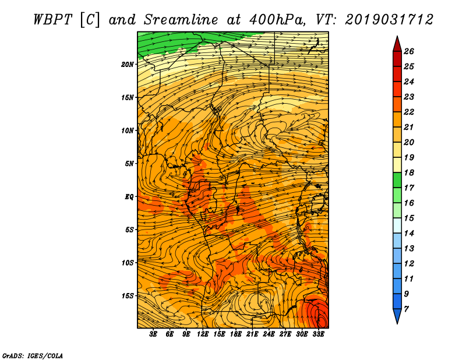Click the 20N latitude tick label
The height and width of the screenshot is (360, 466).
pos(127,65)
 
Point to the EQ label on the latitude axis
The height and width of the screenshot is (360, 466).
pos(129,197)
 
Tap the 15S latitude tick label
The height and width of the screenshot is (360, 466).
pos(128,296)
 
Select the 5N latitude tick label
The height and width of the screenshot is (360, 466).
pos(129,164)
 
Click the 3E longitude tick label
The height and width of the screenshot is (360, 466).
pos(153,334)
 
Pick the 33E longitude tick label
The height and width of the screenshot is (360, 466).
pos(318,334)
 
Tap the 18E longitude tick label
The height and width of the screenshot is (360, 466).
pos(236,334)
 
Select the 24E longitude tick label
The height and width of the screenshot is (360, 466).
pos(269,334)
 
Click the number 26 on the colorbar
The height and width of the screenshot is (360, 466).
pos(409,51)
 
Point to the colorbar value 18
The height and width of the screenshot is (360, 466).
pos(409,172)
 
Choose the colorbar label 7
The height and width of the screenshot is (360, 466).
pos(406,309)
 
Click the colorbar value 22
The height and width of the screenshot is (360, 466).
pos(409,112)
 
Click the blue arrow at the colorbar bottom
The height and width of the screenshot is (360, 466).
pos(397,315)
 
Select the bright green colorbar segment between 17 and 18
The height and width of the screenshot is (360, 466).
pos(397,180)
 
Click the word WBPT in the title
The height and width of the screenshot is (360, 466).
pos(52,20)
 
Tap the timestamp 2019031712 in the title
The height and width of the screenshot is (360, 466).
pos(389,20)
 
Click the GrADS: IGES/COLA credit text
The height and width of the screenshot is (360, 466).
pos(33,356)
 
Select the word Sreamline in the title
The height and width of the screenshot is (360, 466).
pos(181,20)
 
